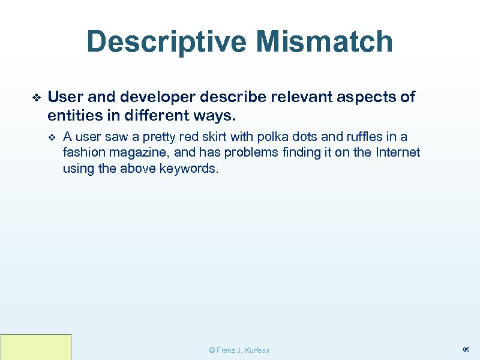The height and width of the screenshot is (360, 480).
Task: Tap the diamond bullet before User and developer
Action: coord(35,97)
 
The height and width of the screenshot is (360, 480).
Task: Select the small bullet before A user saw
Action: coord(52,137)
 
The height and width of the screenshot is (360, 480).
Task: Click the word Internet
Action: coord(398,153)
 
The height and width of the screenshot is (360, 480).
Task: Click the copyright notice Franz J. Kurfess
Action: coord(239,350)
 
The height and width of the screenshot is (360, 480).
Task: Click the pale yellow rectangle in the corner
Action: coord(36,347)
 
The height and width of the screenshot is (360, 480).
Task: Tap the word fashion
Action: coord(82,153)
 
